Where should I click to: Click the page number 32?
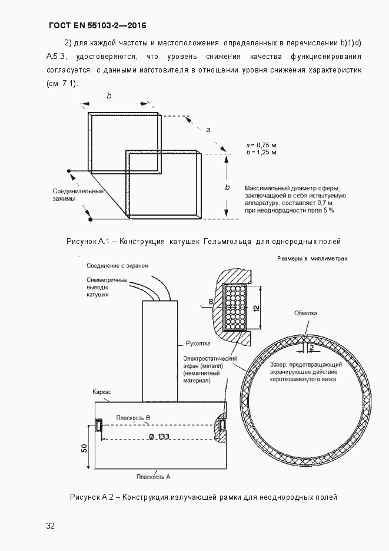[50, 526]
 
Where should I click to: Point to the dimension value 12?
[257, 308]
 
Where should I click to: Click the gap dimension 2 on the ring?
[310, 348]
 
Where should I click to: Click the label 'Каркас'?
[103, 391]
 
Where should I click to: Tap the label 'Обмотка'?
[305, 313]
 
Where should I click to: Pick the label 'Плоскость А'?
[153, 476]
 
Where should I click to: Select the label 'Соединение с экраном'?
[117, 266]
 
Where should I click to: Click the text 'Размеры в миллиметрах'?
[312, 259]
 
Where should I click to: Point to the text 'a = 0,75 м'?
[262, 144]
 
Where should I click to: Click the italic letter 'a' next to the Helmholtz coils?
[208, 129]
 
